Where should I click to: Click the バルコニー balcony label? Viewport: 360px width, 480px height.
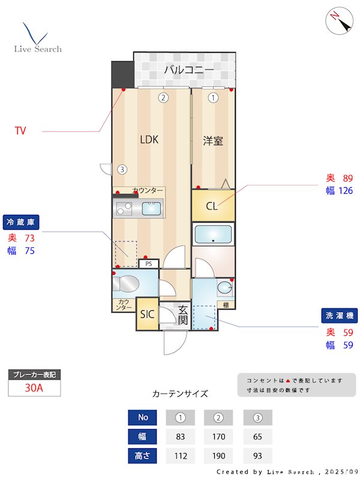point(189,70)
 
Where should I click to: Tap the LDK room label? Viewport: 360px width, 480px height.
point(149,140)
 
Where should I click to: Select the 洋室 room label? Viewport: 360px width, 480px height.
point(213,141)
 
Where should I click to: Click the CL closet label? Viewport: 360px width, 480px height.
point(212,206)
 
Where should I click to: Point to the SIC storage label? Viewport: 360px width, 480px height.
point(147,314)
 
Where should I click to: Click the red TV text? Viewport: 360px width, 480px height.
point(20,130)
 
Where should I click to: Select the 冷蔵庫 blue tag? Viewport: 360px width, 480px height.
point(22,222)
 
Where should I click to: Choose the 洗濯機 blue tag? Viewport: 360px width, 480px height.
point(338,316)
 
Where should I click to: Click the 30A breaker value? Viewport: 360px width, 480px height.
point(34,388)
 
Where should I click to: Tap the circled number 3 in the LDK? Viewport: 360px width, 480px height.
point(122,169)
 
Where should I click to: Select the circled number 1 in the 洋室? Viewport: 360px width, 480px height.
point(212,97)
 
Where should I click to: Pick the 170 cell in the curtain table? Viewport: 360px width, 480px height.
point(218,436)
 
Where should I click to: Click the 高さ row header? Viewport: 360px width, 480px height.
point(143,455)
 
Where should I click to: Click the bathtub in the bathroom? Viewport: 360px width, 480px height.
point(214,233)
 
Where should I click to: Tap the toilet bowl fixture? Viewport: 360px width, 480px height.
point(129,283)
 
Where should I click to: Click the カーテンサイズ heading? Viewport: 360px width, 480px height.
point(180,394)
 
